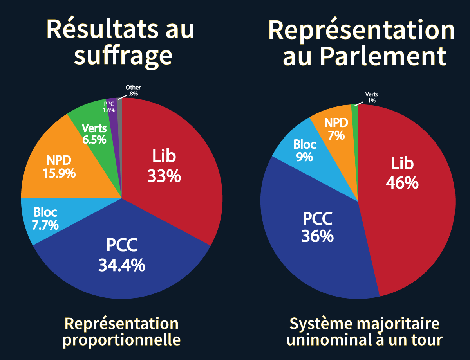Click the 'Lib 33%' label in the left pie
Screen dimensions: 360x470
tap(164, 167)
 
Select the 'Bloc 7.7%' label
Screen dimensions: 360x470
tap(45, 219)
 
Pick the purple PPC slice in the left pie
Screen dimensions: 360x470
tap(113, 113)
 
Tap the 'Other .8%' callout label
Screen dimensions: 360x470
tap(133, 91)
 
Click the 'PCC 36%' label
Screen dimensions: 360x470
tap(317, 227)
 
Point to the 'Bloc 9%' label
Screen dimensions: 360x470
tap(305, 150)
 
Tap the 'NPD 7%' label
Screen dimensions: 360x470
tap(336, 129)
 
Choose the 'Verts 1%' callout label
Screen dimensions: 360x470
tap(371, 97)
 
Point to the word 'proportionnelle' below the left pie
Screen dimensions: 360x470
tap(122, 340)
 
